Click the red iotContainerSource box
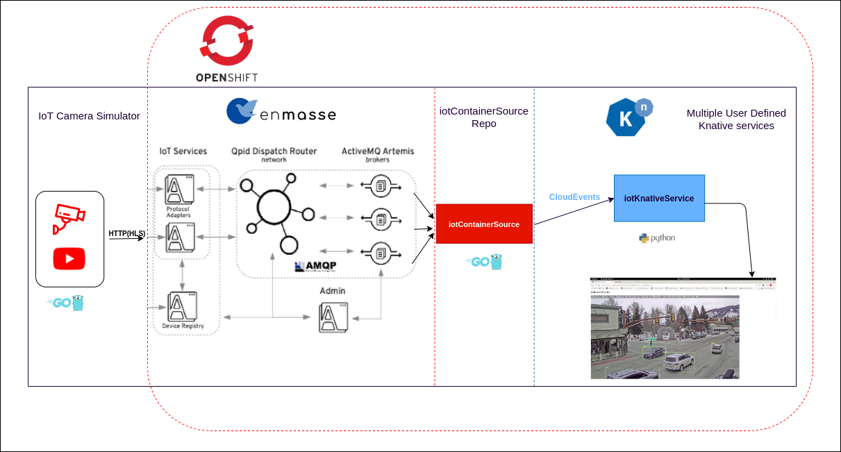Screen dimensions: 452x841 tap(483, 224)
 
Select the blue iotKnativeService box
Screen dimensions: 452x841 tap(658, 198)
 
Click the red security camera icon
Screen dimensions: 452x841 tap(69, 218)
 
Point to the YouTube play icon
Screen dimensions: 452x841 tap(69, 259)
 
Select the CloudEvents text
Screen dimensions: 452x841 tap(574, 197)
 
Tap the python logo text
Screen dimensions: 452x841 tap(657, 238)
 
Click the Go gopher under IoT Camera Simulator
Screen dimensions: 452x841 tap(69, 303)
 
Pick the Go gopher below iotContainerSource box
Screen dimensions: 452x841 tap(483, 262)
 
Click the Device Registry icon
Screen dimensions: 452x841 tap(181, 306)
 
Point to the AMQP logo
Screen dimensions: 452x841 tap(315, 266)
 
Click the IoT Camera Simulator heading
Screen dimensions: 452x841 tap(89, 116)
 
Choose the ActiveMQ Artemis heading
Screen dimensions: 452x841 tap(378, 151)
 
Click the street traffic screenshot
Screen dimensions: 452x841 tap(665, 337)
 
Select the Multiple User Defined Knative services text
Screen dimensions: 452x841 tap(736, 119)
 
